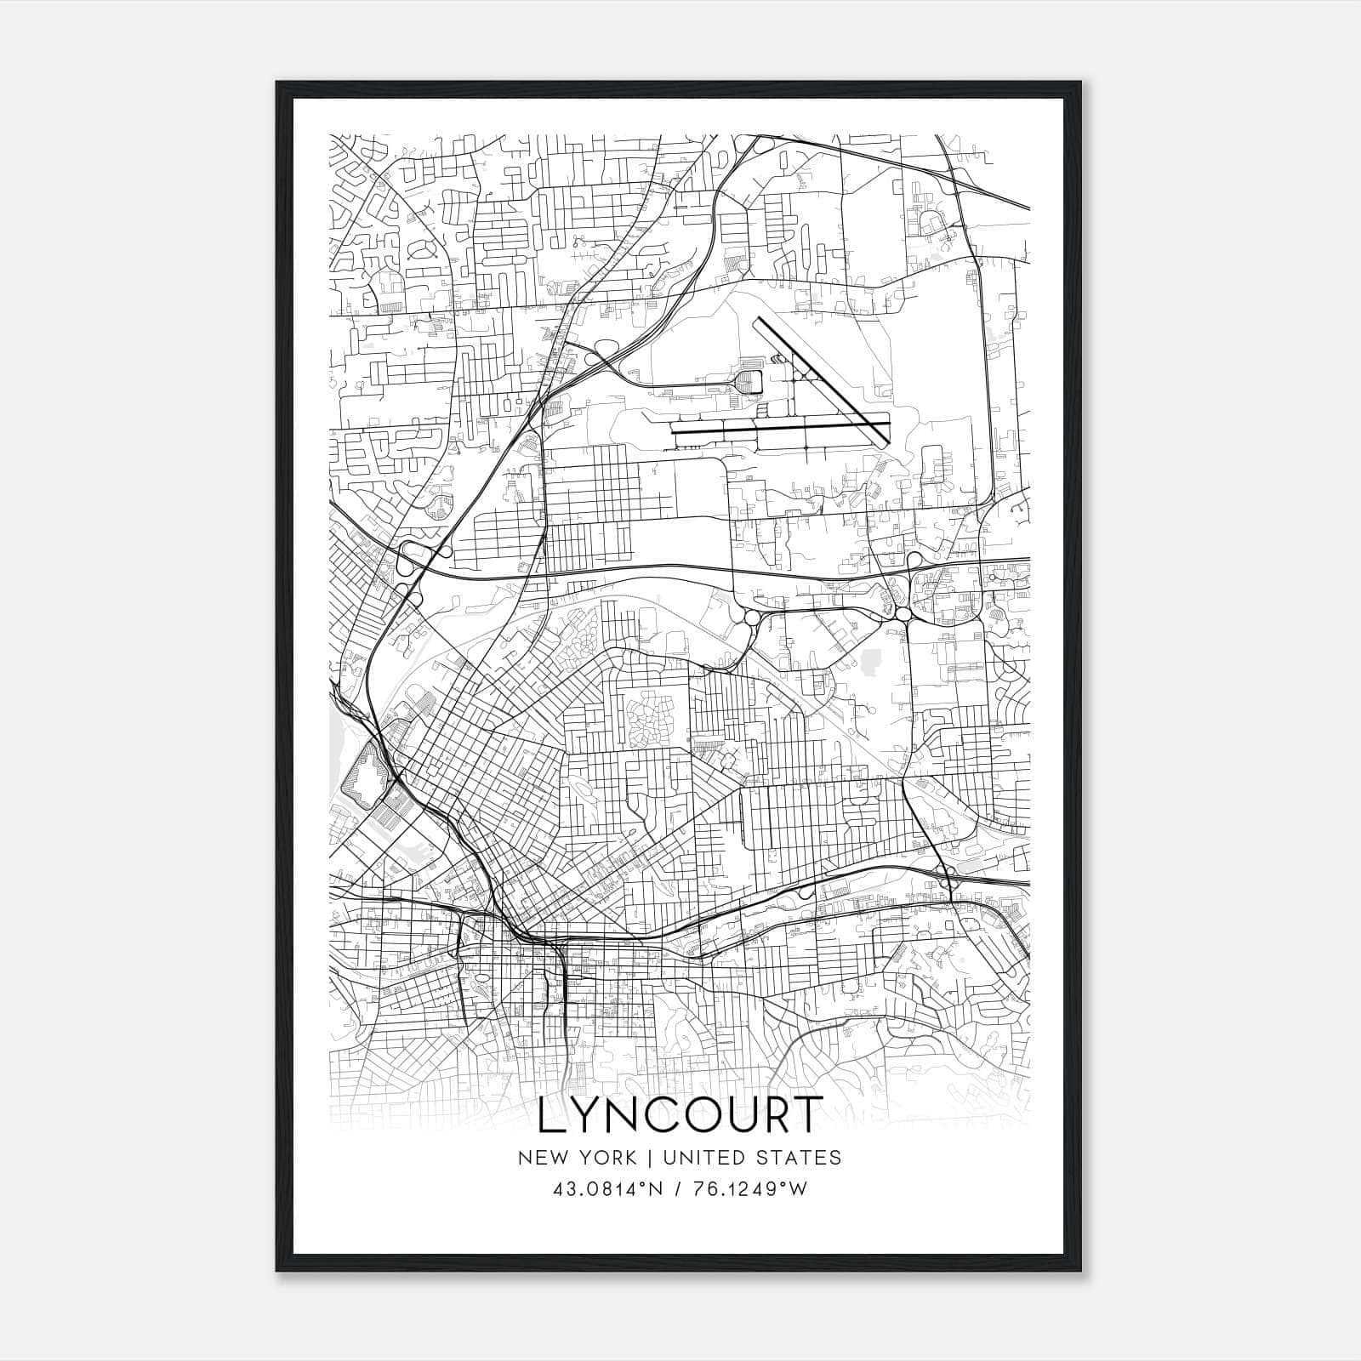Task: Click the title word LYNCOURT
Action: click(680, 1115)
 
